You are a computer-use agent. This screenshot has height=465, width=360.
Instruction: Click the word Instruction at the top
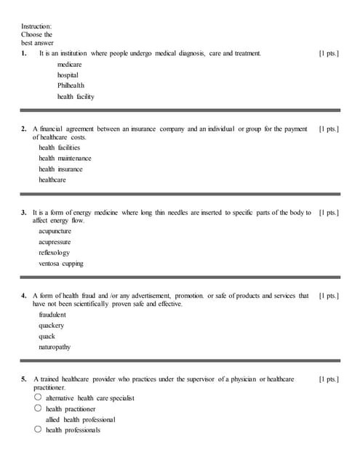36,26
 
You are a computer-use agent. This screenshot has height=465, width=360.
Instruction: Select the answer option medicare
70,65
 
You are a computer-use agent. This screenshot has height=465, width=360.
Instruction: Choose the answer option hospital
68,75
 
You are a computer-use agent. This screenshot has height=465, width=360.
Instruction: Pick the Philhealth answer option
71,85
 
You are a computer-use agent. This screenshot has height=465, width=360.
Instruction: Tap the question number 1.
24,54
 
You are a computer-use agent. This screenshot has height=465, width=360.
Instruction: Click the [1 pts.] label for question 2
329,129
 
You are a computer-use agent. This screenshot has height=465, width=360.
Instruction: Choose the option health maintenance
65,158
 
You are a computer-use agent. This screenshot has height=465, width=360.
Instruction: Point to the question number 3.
24,212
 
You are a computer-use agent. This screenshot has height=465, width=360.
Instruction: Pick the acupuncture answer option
55,232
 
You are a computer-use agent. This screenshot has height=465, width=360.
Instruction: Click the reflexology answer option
55,252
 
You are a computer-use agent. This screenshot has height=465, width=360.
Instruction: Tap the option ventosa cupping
61,263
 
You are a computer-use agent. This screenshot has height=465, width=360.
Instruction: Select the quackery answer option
52,325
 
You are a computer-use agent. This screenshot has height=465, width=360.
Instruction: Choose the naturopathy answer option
55,347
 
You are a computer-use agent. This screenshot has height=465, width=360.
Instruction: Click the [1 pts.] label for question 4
329,296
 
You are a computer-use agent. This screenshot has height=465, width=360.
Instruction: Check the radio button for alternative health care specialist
38,398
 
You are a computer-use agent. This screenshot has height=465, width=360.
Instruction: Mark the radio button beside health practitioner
38,408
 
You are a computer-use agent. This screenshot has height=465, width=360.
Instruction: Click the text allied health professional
80,419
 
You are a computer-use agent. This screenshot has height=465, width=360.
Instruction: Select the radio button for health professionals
38,429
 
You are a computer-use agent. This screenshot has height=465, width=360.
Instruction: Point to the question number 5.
24,379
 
